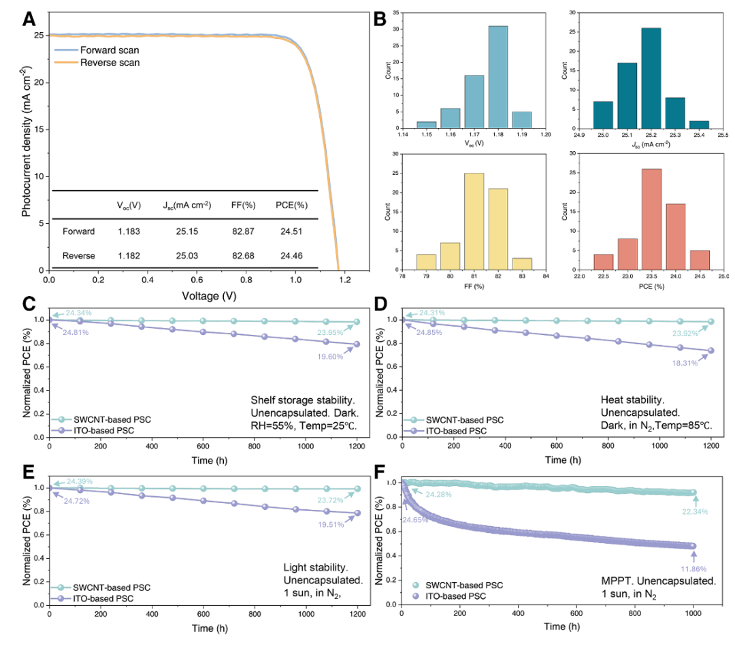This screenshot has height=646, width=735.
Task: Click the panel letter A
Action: point(29,18)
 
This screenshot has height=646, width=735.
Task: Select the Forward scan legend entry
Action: point(109,50)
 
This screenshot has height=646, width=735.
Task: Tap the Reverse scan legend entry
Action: point(109,63)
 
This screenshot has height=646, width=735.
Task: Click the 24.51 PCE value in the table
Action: point(291,231)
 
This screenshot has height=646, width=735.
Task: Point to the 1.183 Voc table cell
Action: point(129,231)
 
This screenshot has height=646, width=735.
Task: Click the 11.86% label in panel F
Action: point(694,566)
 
